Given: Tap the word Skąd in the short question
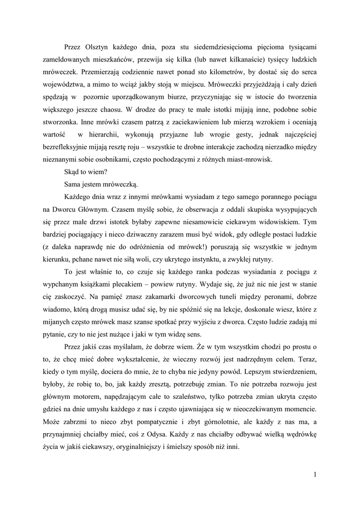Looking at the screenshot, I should (x=72, y=172).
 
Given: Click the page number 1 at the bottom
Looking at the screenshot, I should (x=315, y=474).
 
